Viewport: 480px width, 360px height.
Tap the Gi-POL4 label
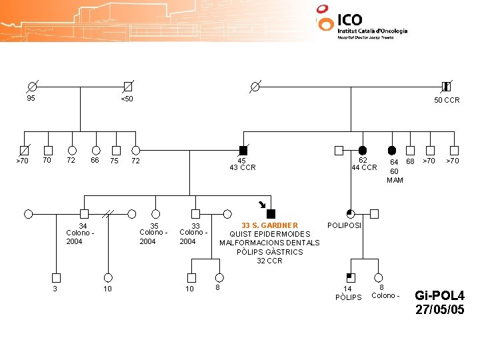pos(439,295)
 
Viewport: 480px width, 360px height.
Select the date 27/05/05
pos(439,309)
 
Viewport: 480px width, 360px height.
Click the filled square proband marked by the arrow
pos(271,213)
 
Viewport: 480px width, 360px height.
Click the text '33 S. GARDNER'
pos(269,225)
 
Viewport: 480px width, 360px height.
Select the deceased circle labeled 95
pos(31,87)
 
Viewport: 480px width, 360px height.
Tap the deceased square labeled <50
pos(127,87)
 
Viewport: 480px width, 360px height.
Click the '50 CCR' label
pos(447,100)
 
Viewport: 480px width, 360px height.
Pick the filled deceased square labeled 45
pos(243,150)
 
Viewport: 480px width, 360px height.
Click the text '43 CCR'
pos(243,167)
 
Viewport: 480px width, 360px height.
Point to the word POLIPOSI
pos(345,225)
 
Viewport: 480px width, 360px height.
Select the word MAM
pos(395,180)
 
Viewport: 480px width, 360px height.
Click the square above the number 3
pos(56,277)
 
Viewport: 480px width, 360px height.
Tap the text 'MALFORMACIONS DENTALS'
pos(269,243)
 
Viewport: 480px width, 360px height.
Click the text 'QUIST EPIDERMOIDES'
pos(269,234)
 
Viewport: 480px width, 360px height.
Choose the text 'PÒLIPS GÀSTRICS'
pos(269,251)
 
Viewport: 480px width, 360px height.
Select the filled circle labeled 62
pos(363,150)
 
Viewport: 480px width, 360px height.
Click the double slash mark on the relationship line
pos(109,214)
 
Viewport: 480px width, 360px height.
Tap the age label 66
pos(95,160)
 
